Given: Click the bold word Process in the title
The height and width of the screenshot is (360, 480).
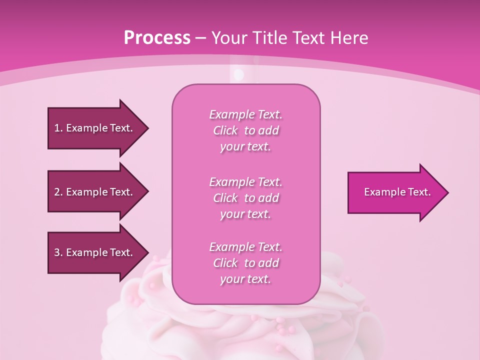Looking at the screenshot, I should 157,38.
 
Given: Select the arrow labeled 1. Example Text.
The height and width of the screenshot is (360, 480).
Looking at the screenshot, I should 95,128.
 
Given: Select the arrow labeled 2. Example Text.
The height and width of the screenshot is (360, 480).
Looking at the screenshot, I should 95,192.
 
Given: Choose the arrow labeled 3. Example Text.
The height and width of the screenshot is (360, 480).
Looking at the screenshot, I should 95,252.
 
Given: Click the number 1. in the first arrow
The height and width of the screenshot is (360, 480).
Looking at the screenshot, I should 58,128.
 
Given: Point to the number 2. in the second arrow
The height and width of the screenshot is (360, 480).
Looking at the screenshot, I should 58,192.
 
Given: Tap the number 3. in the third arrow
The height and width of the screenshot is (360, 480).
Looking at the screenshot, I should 58,252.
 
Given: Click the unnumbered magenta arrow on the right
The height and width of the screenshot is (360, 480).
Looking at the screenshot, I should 395,192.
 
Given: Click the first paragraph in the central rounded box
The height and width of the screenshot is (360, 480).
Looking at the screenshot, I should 245,130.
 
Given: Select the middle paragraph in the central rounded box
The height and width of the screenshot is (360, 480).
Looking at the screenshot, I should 245,198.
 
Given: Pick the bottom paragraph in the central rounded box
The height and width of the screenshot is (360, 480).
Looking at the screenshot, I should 245,263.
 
